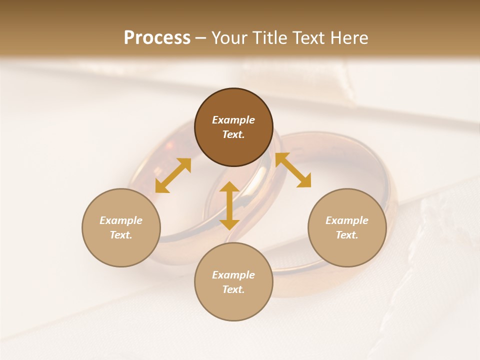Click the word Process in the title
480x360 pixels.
[157, 38]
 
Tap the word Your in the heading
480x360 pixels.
[230, 38]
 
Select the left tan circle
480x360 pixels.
[121, 250]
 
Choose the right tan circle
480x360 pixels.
[347, 250]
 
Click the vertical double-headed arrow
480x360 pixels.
[229, 205]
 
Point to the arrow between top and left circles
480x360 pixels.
[173, 175]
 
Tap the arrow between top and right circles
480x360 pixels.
[293, 170]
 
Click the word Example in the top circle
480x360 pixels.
[233, 120]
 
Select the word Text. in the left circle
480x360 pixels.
[121, 235]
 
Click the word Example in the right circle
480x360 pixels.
[347, 220]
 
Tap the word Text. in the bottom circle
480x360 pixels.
[233, 289]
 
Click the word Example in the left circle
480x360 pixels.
[121, 220]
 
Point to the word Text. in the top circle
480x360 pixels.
[233, 134]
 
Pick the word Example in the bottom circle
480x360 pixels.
[233, 275]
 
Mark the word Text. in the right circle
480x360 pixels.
[347, 235]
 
